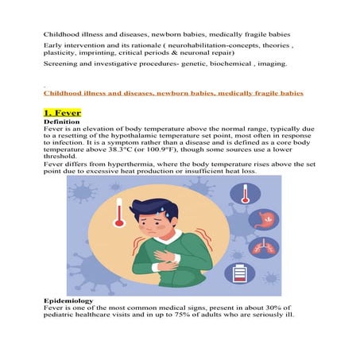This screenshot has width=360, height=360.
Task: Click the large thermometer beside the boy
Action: pyautogui.click(x=120, y=213)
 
